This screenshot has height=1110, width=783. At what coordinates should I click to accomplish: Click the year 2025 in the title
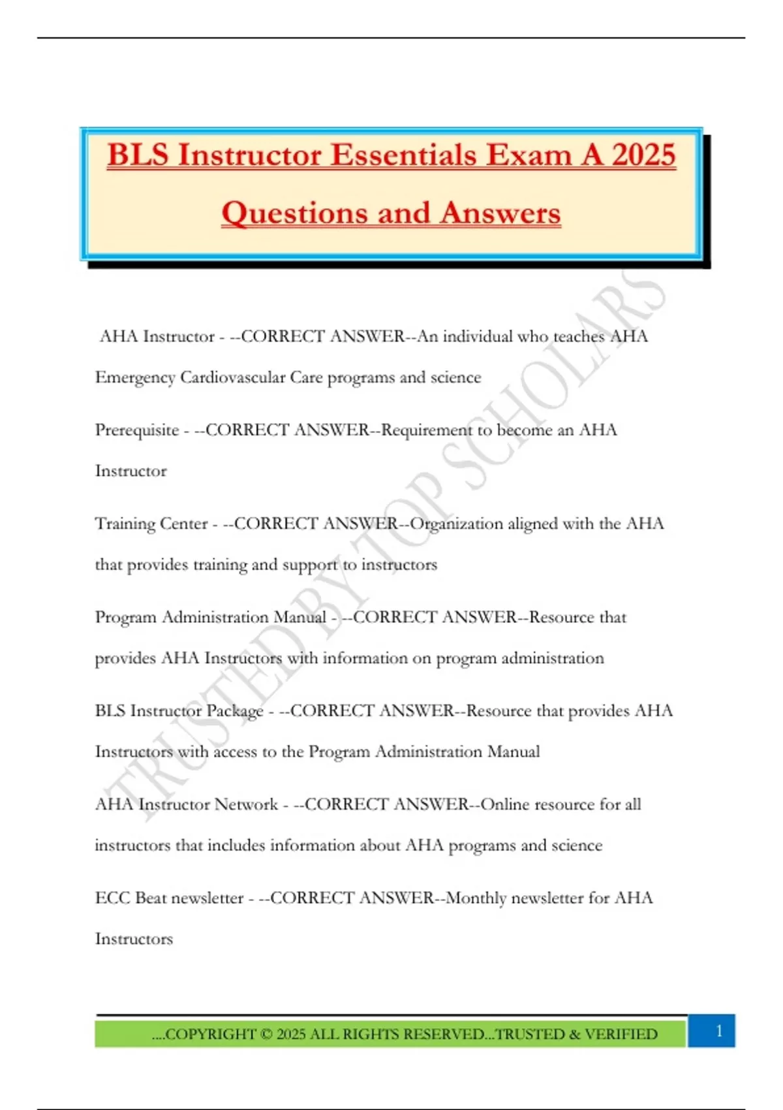643,155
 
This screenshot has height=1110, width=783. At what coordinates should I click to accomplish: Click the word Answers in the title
500,214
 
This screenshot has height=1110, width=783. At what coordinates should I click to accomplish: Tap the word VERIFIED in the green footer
621,1034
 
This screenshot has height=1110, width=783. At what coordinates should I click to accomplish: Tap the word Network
246,804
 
